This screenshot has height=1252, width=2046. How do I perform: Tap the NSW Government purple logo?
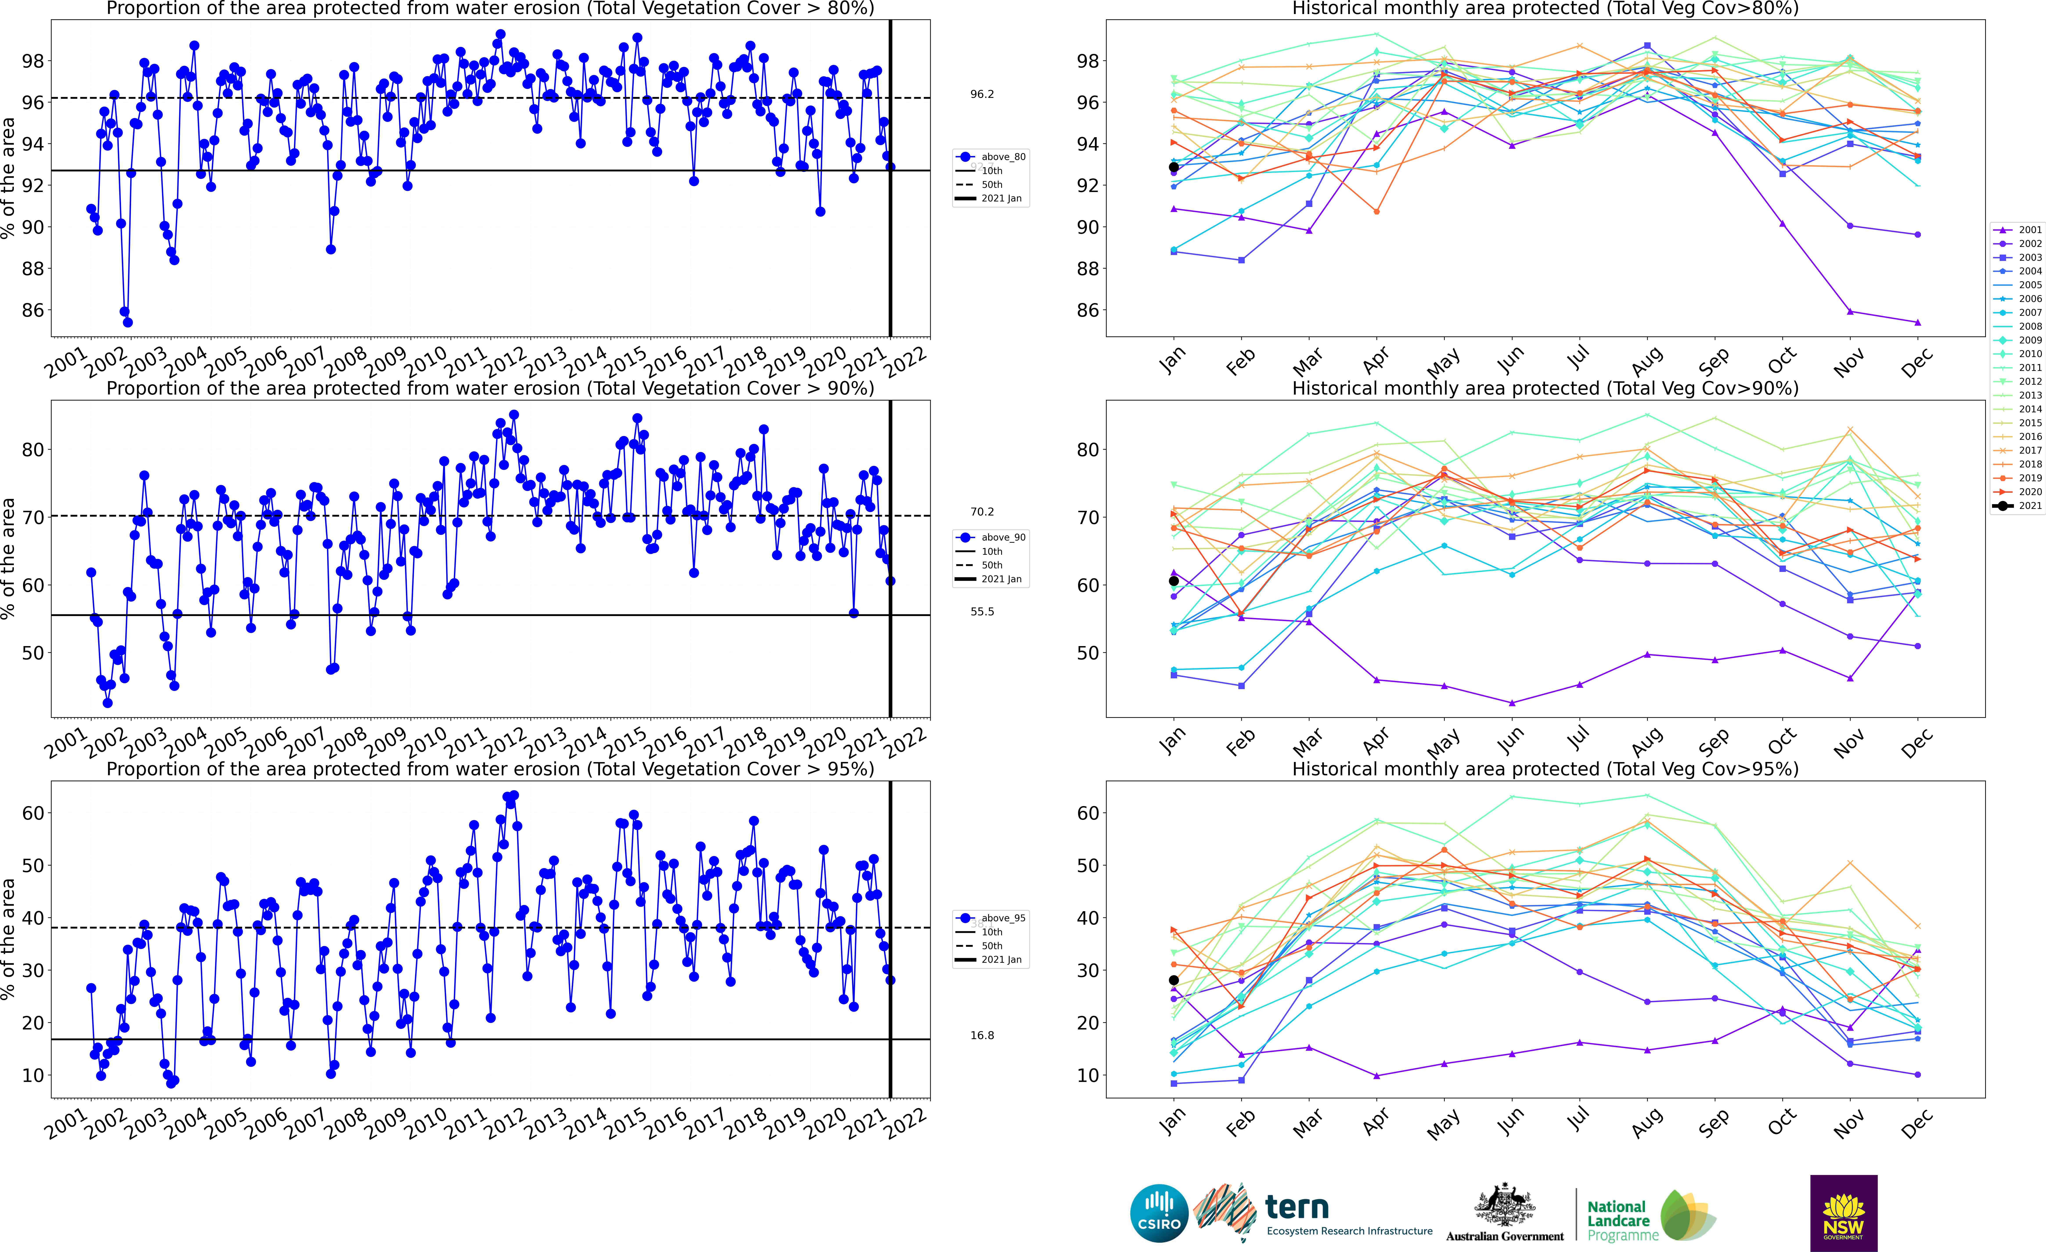pyautogui.click(x=1843, y=1212)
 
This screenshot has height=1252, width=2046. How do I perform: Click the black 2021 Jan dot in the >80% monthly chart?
pyautogui.click(x=1173, y=167)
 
